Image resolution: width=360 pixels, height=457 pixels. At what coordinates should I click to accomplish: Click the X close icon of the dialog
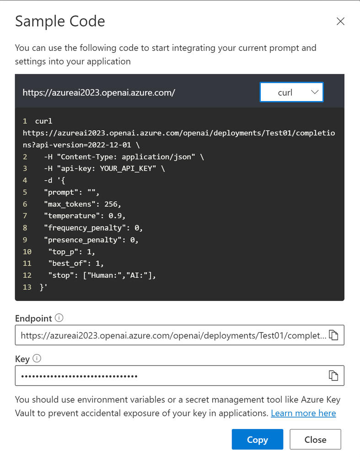[340, 22]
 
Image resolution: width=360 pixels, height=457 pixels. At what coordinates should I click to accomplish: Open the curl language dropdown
[291, 92]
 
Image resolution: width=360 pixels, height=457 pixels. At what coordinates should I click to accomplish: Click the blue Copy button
[258, 439]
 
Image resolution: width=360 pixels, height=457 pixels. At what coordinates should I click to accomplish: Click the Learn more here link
[303, 413]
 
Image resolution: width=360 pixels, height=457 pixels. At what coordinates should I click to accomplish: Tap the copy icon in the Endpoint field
[333, 335]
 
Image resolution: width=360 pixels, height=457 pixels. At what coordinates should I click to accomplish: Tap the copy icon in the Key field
[333, 376]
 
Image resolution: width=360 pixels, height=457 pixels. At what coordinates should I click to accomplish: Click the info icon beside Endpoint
[59, 317]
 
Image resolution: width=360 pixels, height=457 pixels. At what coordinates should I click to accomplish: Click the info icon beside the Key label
[37, 358]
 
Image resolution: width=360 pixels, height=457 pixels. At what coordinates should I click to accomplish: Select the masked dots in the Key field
[79, 376]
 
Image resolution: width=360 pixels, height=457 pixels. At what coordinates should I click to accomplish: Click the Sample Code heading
[60, 22]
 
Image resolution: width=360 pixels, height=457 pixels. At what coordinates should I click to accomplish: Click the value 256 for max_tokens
[111, 204]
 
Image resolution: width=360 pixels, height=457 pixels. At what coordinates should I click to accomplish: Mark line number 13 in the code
[27, 287]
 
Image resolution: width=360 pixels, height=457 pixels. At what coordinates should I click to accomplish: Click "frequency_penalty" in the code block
[85, 228]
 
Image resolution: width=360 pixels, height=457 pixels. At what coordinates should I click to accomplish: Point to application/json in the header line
[156, 157]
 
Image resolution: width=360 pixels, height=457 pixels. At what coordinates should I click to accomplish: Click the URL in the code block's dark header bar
[99, 93]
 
